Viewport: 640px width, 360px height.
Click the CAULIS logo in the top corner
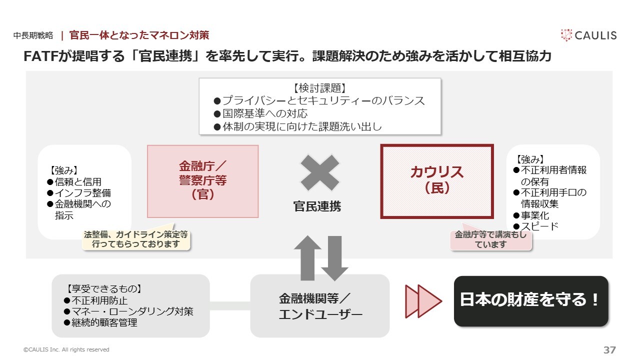pyautogui.click(x=588, y=35)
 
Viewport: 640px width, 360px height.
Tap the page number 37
pyautogui.click(x=609, y=349)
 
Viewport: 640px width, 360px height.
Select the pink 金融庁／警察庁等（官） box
pyautogui.click(x=203, y=181)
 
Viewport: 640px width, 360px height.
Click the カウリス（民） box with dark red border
pyautogui.click(x=437, y=181)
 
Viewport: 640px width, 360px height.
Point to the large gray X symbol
pyautogui.click(x=319, y=172)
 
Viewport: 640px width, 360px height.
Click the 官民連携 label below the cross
pyautogui.click(x=317, y=206)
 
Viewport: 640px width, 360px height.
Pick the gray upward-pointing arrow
pyautogui.click(x=307, y=258)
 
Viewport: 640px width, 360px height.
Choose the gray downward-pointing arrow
pyautogui.click(x=334, y=258)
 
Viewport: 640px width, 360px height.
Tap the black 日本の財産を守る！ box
pyautogui.click(x=531, y=301)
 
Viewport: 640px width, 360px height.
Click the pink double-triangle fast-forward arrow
pyautogui.click(x=423, y=301)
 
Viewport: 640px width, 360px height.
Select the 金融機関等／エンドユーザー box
pyautogui.click(x=320, y=305)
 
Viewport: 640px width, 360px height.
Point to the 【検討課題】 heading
pyautogui.click(x=319, y=88)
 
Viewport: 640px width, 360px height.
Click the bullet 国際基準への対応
pyautogui.click(x=260, y=113)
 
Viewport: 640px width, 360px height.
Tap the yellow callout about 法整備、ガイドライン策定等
pyautogui.click(x=136, y=239)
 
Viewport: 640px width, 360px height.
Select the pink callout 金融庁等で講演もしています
pyautogui.click(x=490, y=239)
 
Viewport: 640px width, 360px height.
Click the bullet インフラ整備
pyautogui.click(x=79, y=193)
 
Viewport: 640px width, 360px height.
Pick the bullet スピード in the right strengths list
pyautogui.click(x=535, y=226)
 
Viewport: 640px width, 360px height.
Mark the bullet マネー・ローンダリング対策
pyautogui.click(x=128, y=311)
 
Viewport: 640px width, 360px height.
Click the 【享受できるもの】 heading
pyautogui.click(x=104, y=289)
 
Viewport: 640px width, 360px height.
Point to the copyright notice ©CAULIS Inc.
pyautogui.click(x=66, y=349)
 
